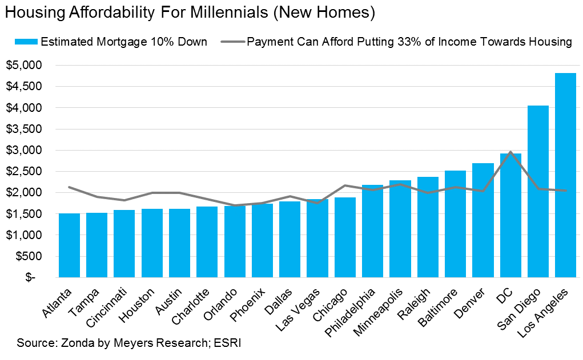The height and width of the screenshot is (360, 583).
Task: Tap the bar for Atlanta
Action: pyautogui.click(x=70, y=245)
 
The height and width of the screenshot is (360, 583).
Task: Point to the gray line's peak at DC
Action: pyautogui.click(x=510, y=152)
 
